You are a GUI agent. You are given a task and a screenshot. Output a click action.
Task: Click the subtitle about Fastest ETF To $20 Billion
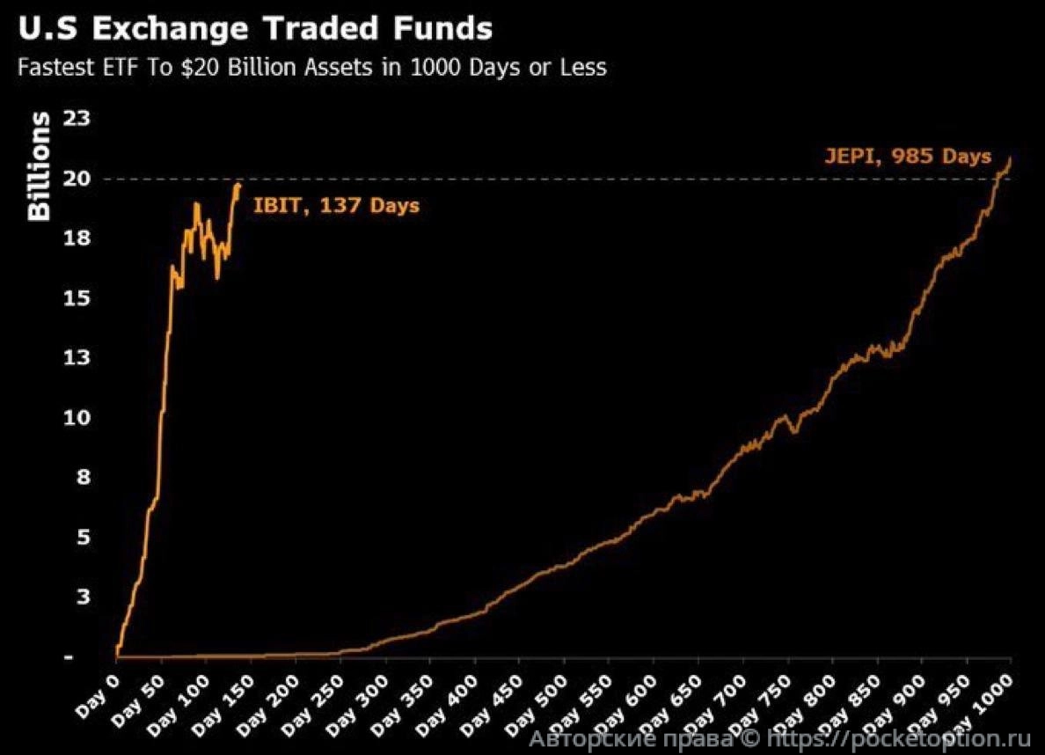point(311,67)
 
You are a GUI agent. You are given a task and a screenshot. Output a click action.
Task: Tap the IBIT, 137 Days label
point(336,207)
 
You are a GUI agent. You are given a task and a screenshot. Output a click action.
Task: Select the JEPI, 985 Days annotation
point(908,158)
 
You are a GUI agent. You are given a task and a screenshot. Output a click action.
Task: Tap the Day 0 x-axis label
point(99,695)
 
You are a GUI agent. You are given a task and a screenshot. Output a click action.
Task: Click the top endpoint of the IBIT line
point(238,183)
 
